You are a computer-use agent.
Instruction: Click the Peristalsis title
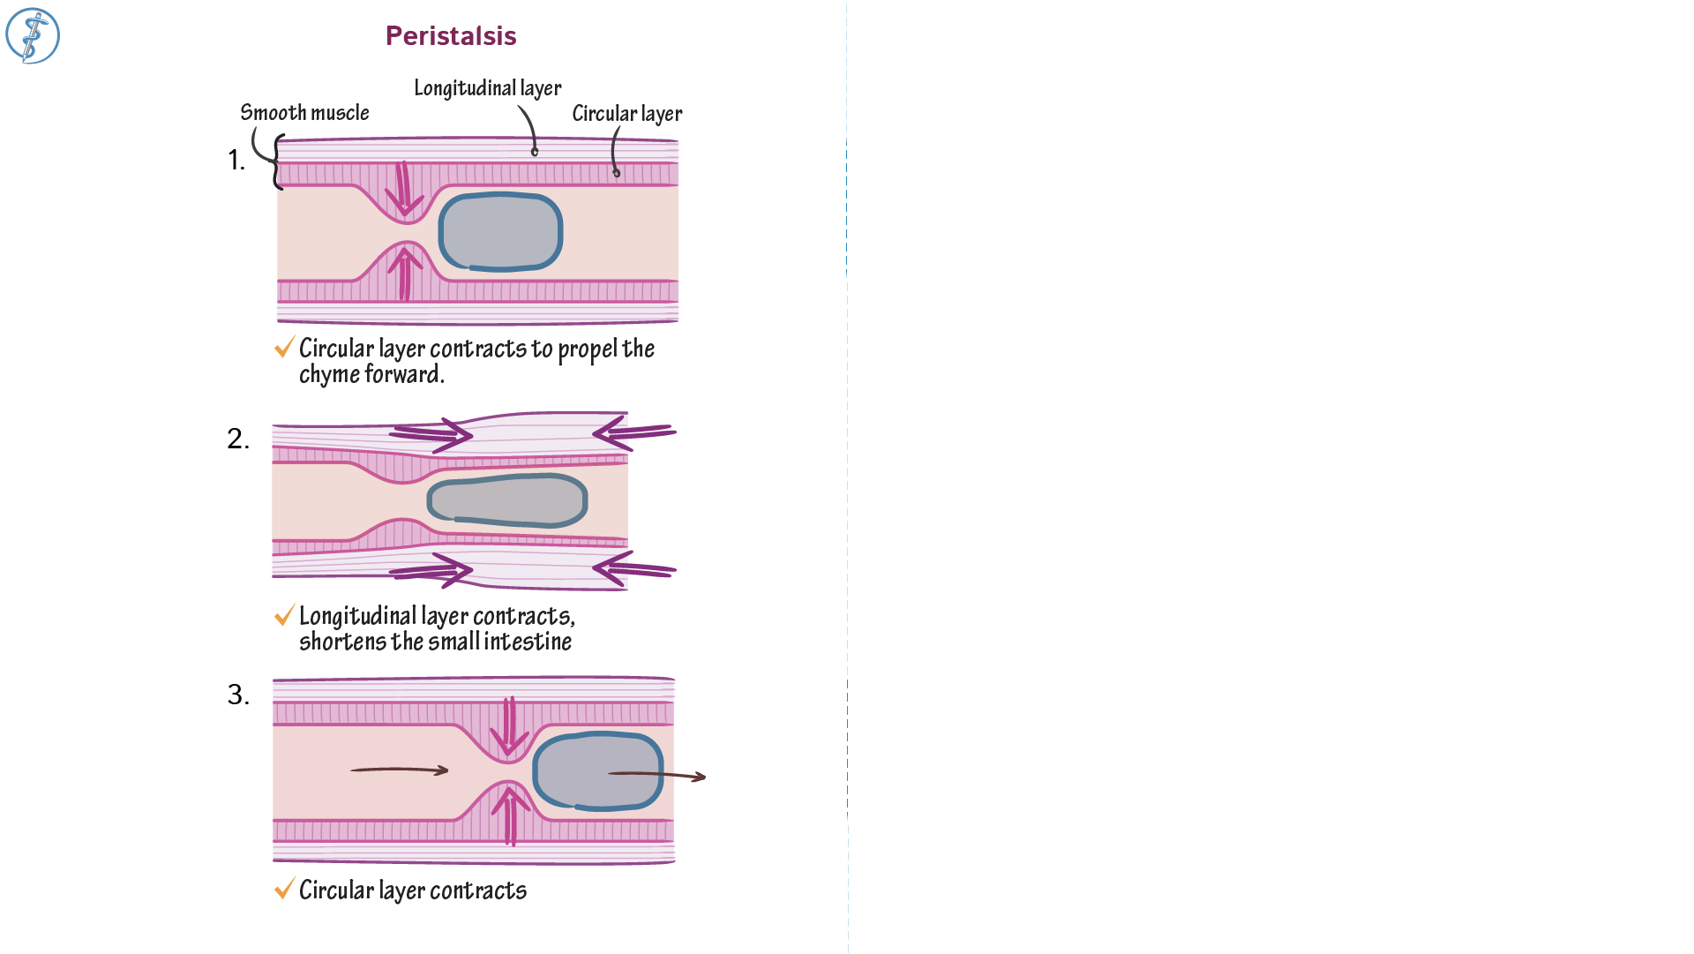[x=451, y=36]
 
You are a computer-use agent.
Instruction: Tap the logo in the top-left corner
[x=33, y=36]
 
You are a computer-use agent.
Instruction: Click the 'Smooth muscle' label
[x=304, y=113]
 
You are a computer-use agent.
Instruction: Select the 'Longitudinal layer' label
[x=487, y=88]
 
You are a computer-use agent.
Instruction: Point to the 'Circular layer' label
[x=626, y=114]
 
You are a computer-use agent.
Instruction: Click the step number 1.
[x=236, y=161]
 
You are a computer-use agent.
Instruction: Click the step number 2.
[x=238, y=439]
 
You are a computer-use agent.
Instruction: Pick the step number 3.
[x=238, y=695]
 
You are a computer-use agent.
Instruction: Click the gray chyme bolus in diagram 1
[x=500, y=231]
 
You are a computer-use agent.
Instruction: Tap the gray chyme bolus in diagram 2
[x=507, y=500]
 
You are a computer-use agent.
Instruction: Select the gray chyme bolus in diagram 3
[x=597, y=770]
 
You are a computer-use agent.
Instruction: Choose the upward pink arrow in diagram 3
[x=509, y=814]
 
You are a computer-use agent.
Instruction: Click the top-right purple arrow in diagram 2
[x=633, y=432]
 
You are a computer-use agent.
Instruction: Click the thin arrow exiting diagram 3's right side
[x=657, y=775]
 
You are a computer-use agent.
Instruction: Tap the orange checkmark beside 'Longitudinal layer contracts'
[x=284, y=615]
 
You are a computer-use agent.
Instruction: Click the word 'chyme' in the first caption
[x=323, y=375]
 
